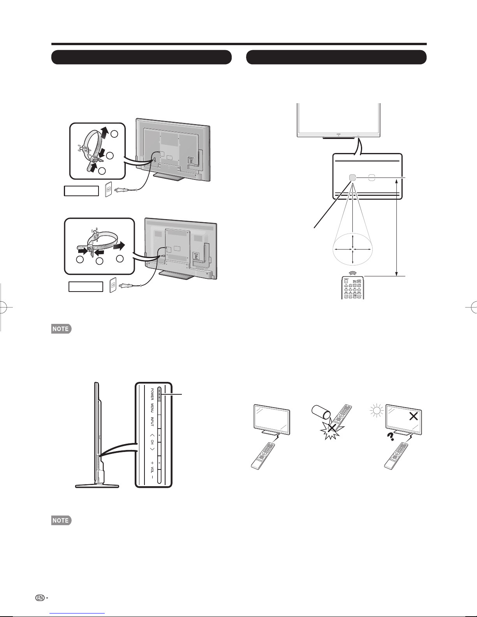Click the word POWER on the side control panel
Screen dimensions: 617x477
pos(152,394)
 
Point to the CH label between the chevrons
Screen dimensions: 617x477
pos(152,443)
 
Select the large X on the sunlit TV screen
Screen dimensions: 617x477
pos(414,416)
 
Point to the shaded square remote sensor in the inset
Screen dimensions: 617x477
pos(352,178)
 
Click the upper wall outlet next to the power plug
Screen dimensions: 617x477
pos(109,190)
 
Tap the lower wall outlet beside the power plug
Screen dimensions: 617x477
pos(113,285)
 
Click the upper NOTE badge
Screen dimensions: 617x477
pos(60,329)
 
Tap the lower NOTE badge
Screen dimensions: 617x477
pos(60,520)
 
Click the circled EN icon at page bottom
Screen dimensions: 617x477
pos(39,597)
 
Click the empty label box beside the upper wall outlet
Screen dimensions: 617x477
pos(81,191)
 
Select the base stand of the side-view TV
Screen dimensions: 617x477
pos(97,485)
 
